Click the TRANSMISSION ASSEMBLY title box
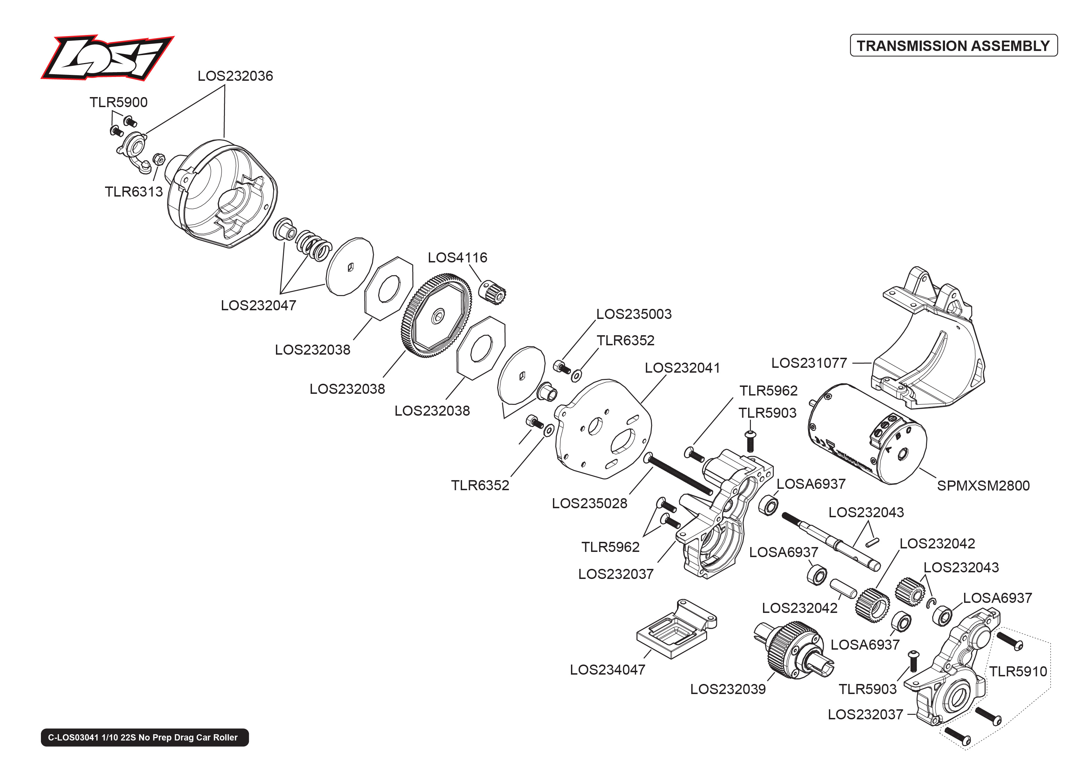click(953, 46)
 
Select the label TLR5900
click(118, 102)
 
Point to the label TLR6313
click(133, 192)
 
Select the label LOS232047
click(258, 305)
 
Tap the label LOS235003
click(633, 314)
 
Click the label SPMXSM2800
click(983, 486)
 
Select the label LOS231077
click(809, 363)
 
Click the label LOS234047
click(607, 670)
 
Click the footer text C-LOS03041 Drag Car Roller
click(145, 738)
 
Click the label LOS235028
click(589, 503)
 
